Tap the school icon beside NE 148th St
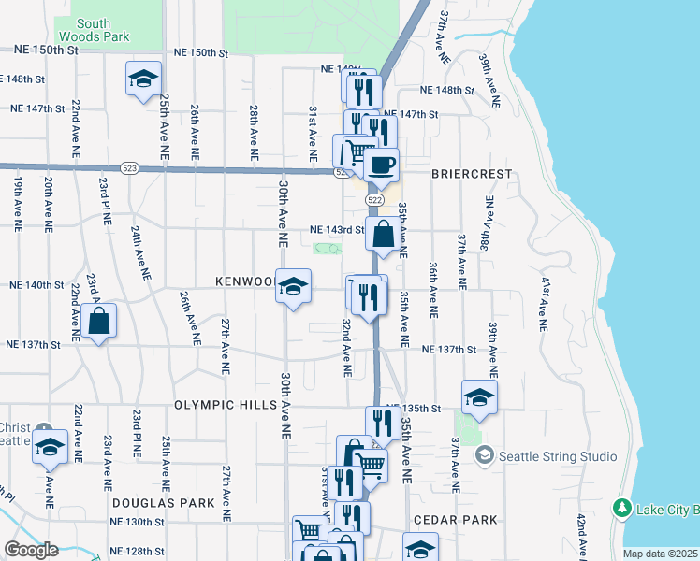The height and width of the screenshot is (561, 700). (143, 79)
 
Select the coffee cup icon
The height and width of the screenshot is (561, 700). (380, 166)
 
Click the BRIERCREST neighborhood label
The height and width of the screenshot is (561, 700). (459, 174)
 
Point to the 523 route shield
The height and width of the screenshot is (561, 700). (129, 168)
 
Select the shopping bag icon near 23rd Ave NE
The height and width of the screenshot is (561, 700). (98, 322)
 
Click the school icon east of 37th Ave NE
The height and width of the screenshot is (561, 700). (479, 397)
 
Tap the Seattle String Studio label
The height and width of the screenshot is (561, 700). (558, 456)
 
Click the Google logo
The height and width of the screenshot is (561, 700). (30, 550)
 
